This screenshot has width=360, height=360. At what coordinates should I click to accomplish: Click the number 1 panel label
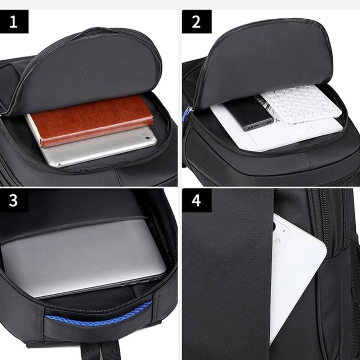pos(14,22)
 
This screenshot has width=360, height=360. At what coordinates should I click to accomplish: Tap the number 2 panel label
pos(196,22)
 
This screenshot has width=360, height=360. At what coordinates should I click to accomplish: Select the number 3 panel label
pos(14,200)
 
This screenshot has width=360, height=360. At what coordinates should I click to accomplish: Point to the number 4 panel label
pos(196,200)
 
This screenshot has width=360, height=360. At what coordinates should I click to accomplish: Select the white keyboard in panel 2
pos(302,104)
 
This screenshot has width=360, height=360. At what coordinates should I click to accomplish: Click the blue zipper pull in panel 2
pos(185,114)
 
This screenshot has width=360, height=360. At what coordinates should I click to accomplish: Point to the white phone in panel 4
pos(295,274)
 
